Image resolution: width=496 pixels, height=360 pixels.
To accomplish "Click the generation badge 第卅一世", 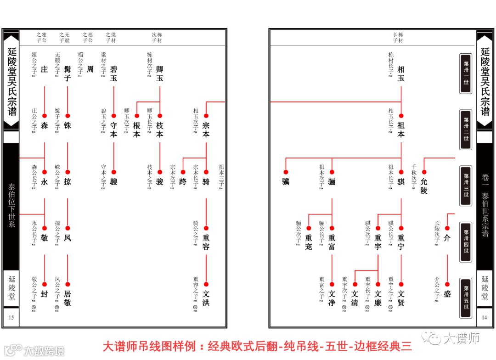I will (466, 73).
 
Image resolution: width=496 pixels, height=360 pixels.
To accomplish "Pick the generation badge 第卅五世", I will (466, 298).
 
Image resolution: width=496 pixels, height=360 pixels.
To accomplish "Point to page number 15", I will (11, 318).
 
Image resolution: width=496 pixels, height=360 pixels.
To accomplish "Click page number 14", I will (484, 318).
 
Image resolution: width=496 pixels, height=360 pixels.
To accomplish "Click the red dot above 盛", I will (447, 285).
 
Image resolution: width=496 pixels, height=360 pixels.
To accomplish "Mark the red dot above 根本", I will (136, 116).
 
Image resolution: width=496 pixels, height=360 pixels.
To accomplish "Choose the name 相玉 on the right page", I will (401, 73).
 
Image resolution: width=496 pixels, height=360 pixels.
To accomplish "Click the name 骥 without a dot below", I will (286, 182).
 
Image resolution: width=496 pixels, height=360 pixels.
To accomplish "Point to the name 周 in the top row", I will (90, 69).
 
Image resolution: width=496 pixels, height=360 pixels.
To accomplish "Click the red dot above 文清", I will (355, 285).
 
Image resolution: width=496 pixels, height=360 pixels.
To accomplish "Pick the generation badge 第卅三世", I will (466, 186).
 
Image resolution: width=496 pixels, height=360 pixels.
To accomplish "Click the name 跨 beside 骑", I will (183, 182).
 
